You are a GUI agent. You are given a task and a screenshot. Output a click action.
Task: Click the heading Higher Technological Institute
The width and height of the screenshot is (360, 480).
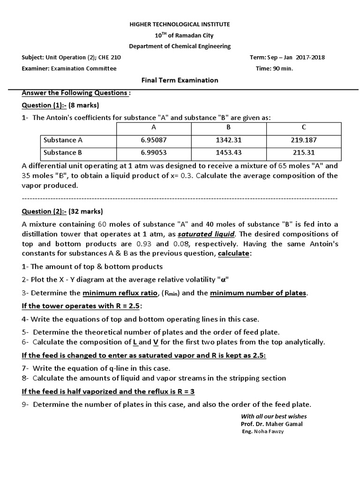click(180, 24)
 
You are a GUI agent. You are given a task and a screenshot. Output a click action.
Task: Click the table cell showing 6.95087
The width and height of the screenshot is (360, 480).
click(153, 140)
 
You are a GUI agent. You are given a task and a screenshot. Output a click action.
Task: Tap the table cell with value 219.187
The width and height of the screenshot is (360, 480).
click(304, 140)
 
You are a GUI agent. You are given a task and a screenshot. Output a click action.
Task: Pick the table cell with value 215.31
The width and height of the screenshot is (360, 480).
click(304, 152)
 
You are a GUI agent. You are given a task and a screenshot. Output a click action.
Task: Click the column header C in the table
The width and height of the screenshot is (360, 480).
click(304, 127)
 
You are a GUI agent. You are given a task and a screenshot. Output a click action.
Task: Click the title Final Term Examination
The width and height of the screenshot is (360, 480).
click(180, 80)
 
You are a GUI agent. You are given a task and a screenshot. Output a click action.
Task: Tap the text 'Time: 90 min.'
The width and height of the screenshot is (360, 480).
click(274, 68)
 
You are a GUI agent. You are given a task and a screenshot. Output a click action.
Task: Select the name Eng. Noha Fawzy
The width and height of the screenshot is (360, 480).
click(262, 431)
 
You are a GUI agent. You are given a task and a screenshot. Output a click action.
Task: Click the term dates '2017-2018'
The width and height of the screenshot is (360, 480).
click(310, 58)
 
